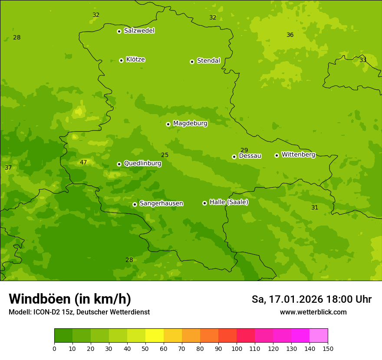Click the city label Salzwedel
click(139, 31)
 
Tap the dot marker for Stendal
click(192, 62)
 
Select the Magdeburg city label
click(190, 124)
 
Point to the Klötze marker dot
click(121, 60)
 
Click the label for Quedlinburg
click(142, 164)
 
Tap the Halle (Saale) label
click(229, 202)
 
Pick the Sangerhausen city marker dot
click(135, 204)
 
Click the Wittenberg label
click(298, 155)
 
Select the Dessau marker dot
click(234, 157)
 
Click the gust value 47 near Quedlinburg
click(83, 163)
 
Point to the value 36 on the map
click(290, 35)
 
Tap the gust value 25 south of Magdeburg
click(165, 155)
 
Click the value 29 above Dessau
click(244, 151)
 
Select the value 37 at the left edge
click(8, 168)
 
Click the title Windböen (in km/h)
click(69, 299)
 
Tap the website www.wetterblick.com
click(313, 312)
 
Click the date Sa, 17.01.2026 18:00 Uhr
click(311, 299)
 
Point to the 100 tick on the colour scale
click(237, 348)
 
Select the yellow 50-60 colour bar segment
click(155, 336)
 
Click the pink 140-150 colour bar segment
click(319, 336)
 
